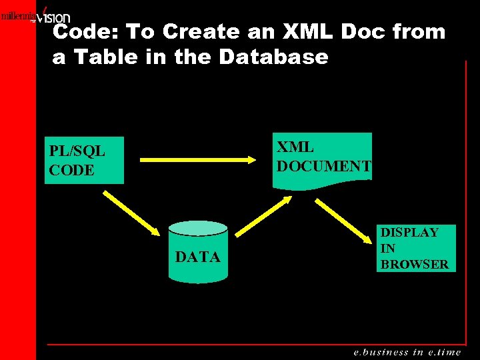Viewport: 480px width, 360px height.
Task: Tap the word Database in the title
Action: pos(273,57)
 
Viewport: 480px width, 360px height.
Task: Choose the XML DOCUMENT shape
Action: pos(323,157)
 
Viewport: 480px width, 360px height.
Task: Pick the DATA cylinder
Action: pos(197,253)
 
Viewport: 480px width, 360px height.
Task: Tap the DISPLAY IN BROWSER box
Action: pos(414,248)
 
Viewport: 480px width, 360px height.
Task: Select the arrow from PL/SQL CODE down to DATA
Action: pos(139,215)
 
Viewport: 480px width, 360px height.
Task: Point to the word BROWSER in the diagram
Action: pos(414,264)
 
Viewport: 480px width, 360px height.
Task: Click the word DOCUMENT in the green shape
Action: pos(323,165)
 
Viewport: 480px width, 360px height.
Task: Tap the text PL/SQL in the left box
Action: pos(77,151)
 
